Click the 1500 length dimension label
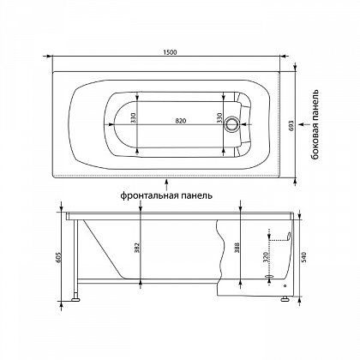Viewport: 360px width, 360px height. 171,52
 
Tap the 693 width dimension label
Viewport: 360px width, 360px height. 291,125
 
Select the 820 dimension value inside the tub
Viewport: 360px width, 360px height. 181,121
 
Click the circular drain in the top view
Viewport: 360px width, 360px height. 231,124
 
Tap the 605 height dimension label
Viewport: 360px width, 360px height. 59,257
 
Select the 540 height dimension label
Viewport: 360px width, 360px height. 303,257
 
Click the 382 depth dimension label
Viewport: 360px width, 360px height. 137,248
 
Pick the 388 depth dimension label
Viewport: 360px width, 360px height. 237,248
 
